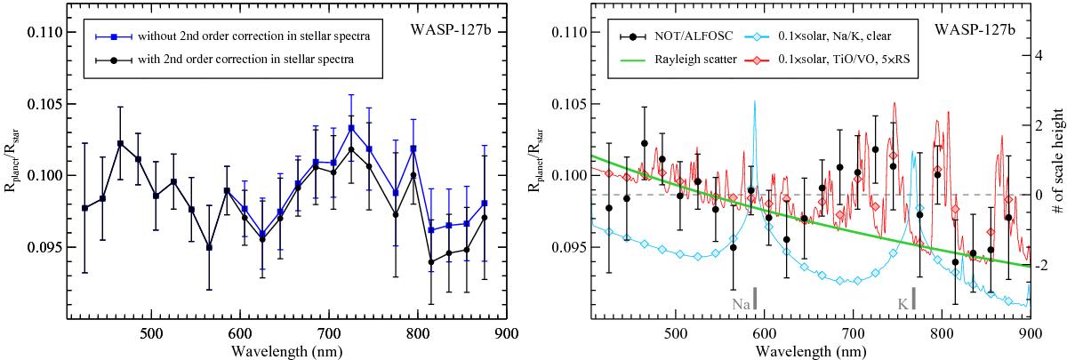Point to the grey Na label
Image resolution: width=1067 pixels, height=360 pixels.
(x=740, y=304)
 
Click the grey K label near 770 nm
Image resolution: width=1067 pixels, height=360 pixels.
(x=903, y=304)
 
